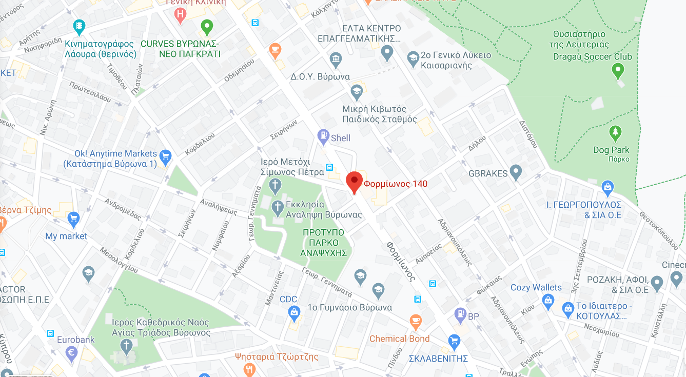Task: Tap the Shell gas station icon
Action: pos(323,137)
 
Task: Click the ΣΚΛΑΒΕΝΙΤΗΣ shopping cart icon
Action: pos(454,341)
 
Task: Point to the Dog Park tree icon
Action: pos(615,133)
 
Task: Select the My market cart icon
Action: pos(73,219)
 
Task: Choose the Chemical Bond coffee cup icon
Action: pos(416,322)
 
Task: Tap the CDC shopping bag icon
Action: pos(295,311)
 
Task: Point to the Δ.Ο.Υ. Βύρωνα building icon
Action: pos(336,60)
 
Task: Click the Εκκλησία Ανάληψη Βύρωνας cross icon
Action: pos(278,207)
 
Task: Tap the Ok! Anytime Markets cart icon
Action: pos(165,155)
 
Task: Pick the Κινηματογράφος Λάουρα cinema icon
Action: pos(79,25)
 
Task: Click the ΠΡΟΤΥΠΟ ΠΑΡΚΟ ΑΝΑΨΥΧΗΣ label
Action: pos(325,242)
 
